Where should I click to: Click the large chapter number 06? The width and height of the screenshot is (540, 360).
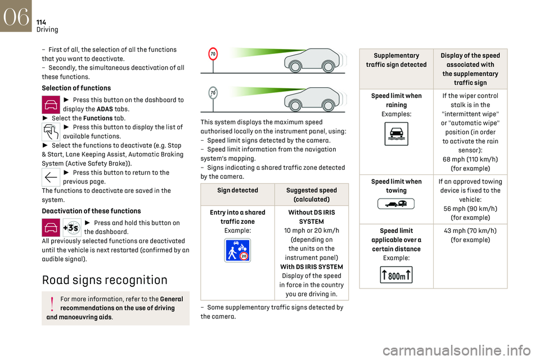[x=16, y=16]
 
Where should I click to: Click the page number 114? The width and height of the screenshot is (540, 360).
[x=41, y=22]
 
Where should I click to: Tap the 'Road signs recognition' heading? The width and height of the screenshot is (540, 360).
[x=105, y=280]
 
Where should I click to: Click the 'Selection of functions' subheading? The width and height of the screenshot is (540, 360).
[x=76, y=88]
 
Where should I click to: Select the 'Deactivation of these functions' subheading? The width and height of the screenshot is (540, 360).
[x=92, y=211]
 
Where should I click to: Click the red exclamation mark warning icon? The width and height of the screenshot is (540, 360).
[x=52, y=303]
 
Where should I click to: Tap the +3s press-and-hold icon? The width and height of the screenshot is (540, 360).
[x=73, y=228]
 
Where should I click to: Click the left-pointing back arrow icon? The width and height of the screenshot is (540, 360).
[x=52, y=177]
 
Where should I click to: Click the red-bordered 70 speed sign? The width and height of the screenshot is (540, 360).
[x=213, y=54]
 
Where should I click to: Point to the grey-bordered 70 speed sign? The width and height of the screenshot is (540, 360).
[x=213, y=93]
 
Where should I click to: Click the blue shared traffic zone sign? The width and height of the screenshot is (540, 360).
[x=237, y=250]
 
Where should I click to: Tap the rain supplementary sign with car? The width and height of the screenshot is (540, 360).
[x=397, y=134]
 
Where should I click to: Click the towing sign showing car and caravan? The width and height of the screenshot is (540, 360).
[x=397, y=204]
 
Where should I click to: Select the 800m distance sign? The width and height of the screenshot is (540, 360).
[x=397, y=275]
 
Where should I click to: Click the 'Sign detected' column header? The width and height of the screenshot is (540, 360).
[x=237, y=191]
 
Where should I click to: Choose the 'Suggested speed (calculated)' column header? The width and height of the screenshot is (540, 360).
[x=312, y=195]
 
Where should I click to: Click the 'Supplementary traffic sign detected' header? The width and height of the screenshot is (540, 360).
[x=397, y=60]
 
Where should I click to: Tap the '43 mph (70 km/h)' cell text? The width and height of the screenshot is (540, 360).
[x=470, y=235]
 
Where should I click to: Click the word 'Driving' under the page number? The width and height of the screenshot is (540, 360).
[x=47, y=30]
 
